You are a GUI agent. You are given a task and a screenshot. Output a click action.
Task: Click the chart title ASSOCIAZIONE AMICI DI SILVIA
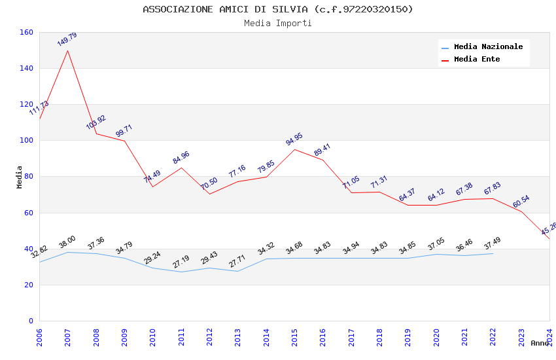[278, 9]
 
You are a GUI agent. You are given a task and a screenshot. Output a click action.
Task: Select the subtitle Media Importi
[278, 23]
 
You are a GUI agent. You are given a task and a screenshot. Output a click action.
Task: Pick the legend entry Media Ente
[477, 59]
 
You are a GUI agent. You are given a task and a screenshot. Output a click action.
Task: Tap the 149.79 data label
[67, 39]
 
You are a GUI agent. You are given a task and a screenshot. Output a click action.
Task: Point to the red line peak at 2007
[67, 50]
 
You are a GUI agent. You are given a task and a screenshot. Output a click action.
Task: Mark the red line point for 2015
[294, 149]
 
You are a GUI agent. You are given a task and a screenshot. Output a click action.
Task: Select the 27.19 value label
[181, 262]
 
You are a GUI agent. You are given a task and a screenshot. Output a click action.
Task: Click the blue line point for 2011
[181, 272]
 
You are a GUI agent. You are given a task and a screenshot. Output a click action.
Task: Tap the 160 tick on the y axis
[26, 32]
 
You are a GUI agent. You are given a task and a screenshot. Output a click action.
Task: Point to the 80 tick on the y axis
[28, 176]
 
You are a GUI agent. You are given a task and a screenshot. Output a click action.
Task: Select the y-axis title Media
[20, 177]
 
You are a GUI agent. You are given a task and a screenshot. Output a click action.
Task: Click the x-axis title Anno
[540, 343]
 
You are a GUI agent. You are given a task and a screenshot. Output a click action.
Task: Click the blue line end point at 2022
[493, 253]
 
